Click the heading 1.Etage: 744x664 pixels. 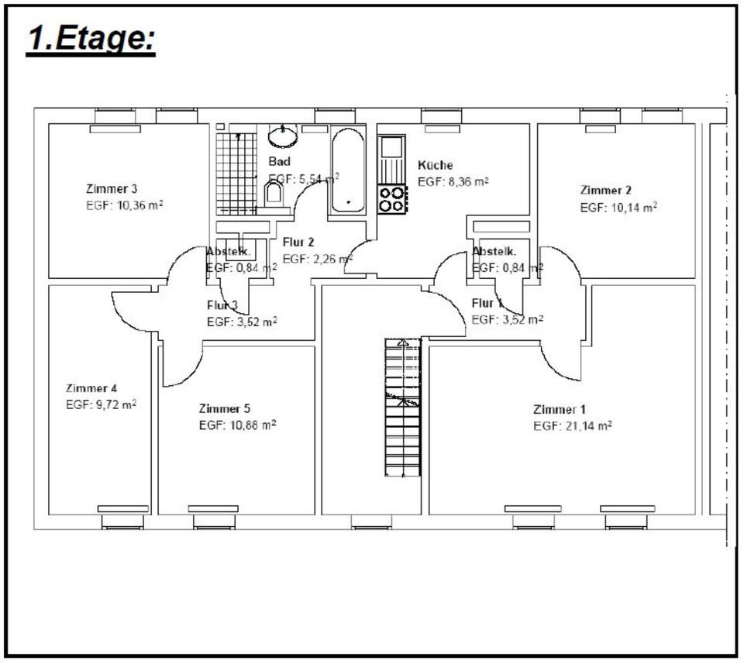91,39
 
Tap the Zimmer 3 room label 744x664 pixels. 112,188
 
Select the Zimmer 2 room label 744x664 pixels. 606,190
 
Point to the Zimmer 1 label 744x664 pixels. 560,409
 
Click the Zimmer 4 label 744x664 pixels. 91,388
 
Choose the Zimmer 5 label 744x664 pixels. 225,408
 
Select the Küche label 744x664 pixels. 435,165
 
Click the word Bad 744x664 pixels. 279,161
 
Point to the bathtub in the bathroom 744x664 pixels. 347,170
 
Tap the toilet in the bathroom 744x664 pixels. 274,194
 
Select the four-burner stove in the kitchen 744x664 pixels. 391,199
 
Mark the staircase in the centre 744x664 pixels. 402,407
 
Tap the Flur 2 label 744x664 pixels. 298,242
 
